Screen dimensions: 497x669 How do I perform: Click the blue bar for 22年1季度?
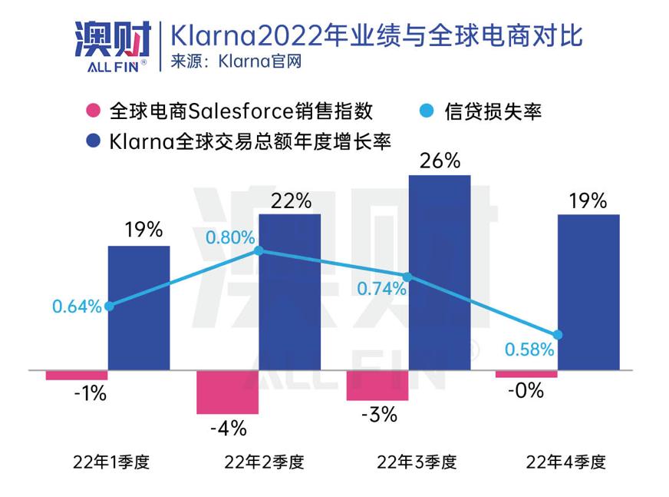click(x=139, y=307)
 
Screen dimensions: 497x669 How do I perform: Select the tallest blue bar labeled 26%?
click(x=439, y=273)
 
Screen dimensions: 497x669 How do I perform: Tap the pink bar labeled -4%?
click(x=228, y=393)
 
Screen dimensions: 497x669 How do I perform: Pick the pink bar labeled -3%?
click(x=377, y=386)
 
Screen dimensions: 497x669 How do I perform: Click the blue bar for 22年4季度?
click(x=588, y=292)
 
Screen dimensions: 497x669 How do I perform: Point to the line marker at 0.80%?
click(x=259, y=250)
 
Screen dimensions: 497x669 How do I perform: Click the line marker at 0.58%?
click(x=558, y=335)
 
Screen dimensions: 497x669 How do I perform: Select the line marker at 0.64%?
click(x=109, y=306)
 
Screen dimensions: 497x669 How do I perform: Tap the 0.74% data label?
click(x=381, y=289)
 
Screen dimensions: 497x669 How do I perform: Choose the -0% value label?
click(x=526, y=391)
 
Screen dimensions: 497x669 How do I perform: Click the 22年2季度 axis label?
click(x=264, y=462)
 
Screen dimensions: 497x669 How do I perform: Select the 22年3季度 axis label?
click(x=415, y=462)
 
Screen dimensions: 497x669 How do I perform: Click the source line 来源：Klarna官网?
click(x=236, y=61)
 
